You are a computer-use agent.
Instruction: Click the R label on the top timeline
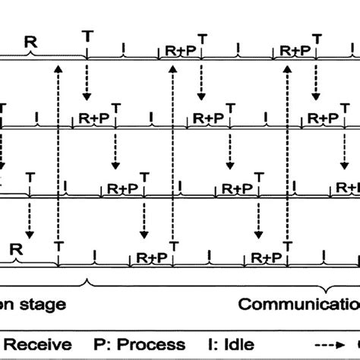click(30, 43)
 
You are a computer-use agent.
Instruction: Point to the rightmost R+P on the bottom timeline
click(267, 259)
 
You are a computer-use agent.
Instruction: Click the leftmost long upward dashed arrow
click(58, 152)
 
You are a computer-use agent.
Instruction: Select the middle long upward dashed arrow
click(173, 152)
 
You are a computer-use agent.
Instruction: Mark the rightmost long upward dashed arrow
click(288, 152)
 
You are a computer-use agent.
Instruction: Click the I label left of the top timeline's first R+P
click(124, 49)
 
